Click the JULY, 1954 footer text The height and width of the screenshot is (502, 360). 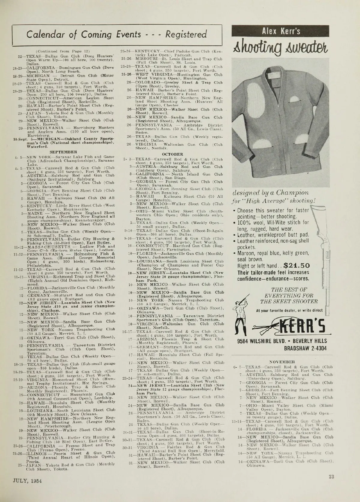[x=27, y=479]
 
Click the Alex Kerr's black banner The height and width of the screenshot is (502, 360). [x=281, y=31]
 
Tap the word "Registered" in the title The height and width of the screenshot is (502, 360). [x=186, y=34]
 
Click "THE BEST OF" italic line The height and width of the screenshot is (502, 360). [x=289, y=289]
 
